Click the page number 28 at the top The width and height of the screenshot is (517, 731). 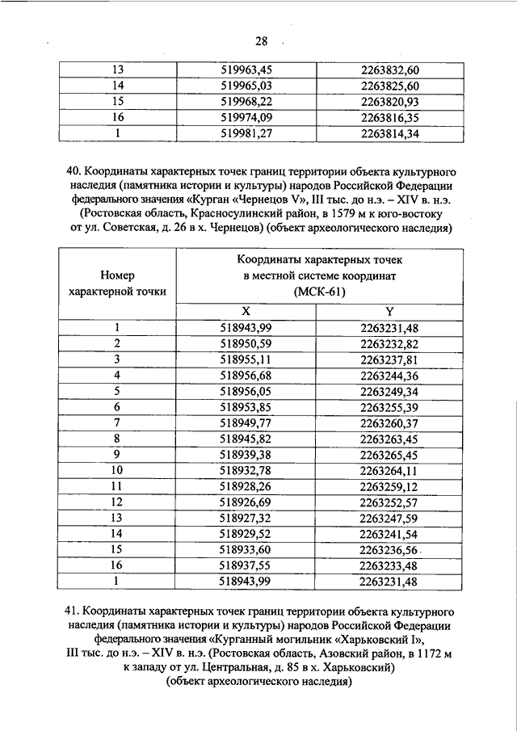coord(261,41)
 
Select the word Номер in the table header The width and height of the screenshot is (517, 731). coord(118,275)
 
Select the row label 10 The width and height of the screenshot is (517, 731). coord(117,470)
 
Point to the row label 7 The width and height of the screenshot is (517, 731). coord(117,422)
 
